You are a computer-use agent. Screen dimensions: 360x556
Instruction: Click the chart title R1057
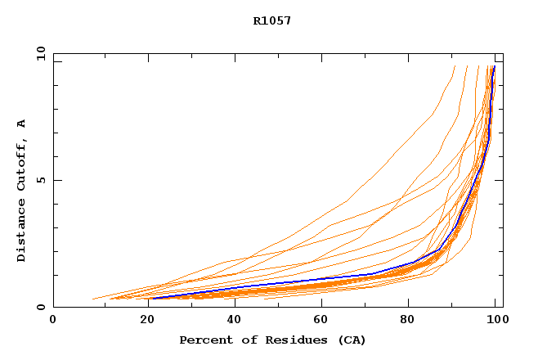coord(272,20)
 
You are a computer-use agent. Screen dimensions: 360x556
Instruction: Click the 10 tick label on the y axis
coord(41,53)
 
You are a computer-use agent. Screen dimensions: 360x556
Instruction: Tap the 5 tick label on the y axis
coord(41,180)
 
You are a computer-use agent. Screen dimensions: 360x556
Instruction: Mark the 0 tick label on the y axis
coord(41,307)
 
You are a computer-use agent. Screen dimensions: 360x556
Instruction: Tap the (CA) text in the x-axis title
coord(351,340)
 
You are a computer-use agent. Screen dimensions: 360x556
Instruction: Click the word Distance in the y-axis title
coord(21,232)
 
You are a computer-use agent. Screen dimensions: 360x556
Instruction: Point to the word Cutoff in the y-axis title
coord(21,164)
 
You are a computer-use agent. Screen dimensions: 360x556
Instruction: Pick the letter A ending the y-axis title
coord(21,124)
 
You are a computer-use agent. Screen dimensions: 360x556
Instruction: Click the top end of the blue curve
coord(494,67)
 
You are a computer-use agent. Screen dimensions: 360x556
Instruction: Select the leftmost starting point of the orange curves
coord(93,299)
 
